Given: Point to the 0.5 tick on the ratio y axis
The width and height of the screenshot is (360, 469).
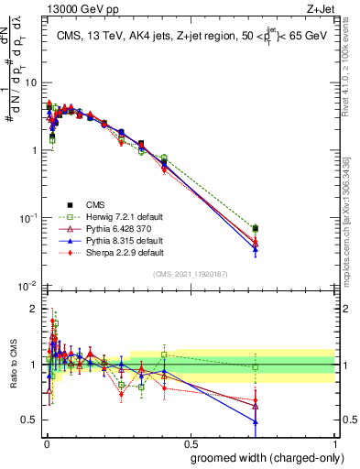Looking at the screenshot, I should (x=31, y=420).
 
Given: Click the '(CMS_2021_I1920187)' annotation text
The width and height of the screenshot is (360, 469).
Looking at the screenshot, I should (x=191, y=274).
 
